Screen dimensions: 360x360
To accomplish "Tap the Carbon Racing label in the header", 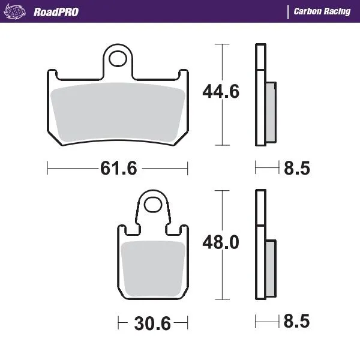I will (322, 11).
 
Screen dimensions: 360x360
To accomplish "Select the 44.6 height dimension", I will (220, 92).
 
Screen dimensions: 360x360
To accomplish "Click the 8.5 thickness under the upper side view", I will (296, 169).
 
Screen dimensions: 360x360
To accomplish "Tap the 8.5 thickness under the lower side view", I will (296, 323).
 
